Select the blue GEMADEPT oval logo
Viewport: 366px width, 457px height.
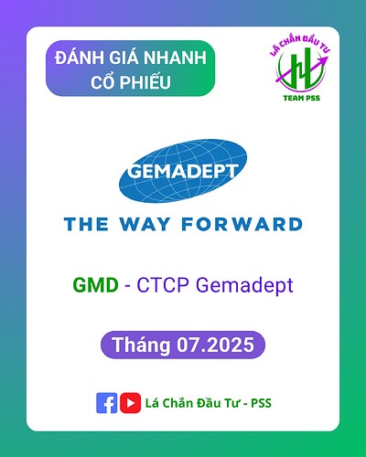point(182,173)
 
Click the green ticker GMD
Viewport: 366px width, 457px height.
point(95,285)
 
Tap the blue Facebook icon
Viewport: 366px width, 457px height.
point(106,402)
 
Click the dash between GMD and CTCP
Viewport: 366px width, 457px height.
point(127,285)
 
